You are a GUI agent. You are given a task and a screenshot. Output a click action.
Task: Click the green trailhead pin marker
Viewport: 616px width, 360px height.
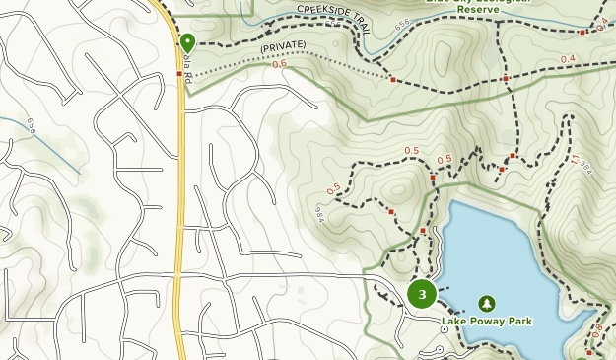point(187,42)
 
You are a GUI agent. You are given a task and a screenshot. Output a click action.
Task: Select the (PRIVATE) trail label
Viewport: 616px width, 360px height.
point(283,46)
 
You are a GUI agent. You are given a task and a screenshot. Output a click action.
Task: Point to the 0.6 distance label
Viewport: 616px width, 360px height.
point(279,64)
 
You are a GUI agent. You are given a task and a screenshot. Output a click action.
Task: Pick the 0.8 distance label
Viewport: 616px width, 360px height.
point(598,332)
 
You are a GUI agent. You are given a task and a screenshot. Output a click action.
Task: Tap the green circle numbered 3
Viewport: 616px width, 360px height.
point(422,294)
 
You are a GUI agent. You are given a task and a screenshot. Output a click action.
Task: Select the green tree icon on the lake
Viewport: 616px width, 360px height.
point(486,304)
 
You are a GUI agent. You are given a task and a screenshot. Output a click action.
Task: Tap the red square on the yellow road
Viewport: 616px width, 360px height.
point(178,73)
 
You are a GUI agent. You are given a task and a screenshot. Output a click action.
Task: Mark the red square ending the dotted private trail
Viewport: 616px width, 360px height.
point(393,79)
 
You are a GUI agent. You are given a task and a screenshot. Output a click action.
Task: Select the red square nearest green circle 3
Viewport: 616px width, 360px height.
point(423,231)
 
